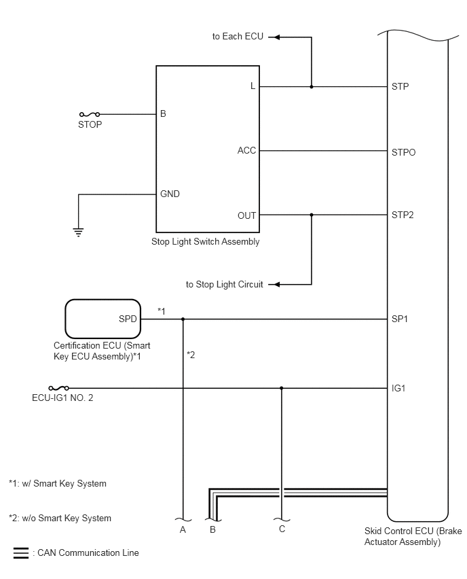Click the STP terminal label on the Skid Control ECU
pyautogui.click(x=400, y=86)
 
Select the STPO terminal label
pyautogui.click(x=404, y=152)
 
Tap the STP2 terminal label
pyautogui.click(x=403, y=215)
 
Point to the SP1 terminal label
pyautogui.click(x=400, y=319)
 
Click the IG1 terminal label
pyautogui.click(x=398, y=388)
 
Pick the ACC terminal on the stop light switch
pyautogui.click(x=246, y=150)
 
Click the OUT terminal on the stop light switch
pyautogui.click(x=247, y=215)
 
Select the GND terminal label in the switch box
pyautogui.click(x=170, y=194)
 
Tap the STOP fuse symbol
pyautogui.click(x=90, y=114)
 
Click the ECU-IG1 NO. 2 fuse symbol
pyautogui.click(x=58, y=388)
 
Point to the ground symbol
pyautogui.click(x=78, y=232)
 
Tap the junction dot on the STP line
pyautogui.click(x=312, y=87)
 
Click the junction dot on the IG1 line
pyautogui.click(x=282, y=388)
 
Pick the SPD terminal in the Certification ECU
pyautogui.click(x=128, y=319)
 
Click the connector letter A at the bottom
pyautogui.click(x=183, y=530)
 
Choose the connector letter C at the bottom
pyautogui.click(x=282, y=529)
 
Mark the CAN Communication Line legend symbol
pyautogui.click(x=21, y=552)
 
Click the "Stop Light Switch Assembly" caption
pyautogui.click(x=206, y=241)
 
